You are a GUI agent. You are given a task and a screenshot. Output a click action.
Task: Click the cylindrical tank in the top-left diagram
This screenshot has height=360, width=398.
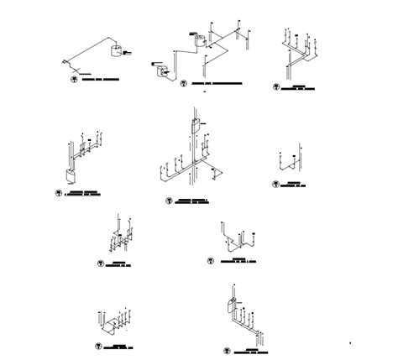[x=116, y=52]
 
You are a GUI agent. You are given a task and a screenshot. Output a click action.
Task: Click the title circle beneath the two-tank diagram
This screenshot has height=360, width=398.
[x=184, y=83]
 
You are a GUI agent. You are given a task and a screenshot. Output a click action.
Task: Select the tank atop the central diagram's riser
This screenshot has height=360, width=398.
[x=194, y=126]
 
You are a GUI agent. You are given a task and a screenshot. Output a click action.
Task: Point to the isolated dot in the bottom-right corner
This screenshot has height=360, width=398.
[x=350, y=342]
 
